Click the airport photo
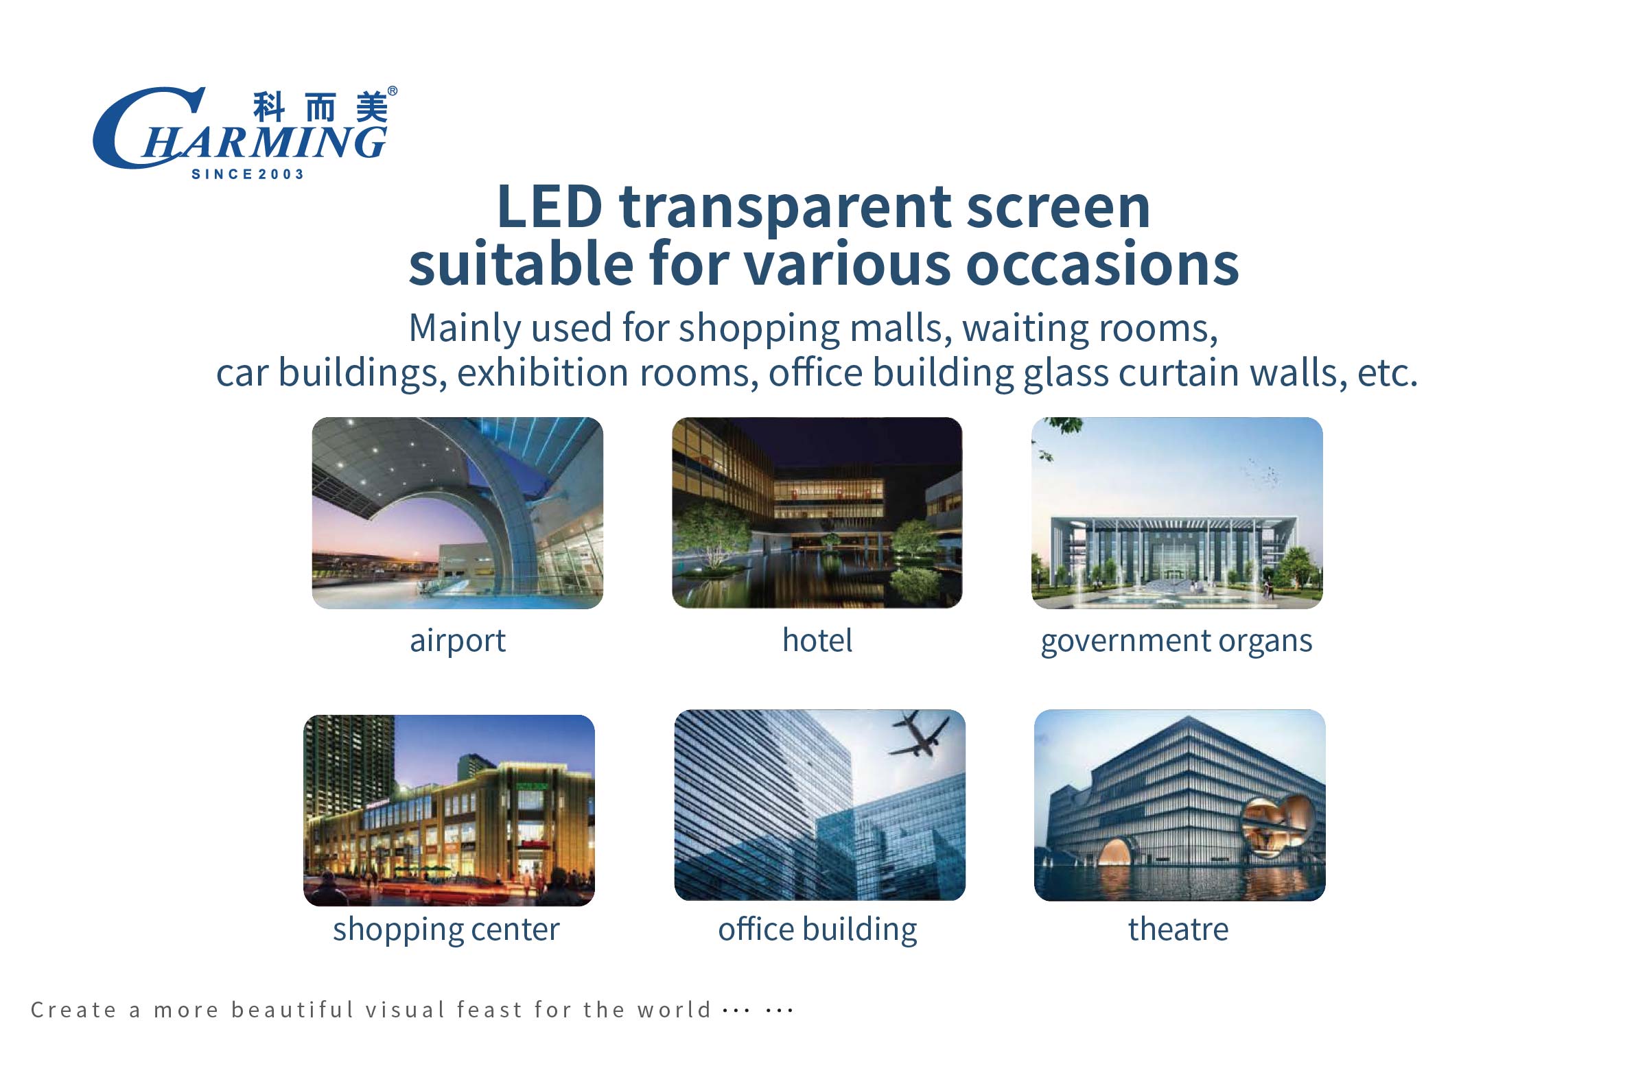tap(457, 512)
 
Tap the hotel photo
tap(817, 512)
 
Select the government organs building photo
tap(1177, 512)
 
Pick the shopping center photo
tap(449, 810)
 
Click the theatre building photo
tap(1180, 805)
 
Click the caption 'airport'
tap(458, 641)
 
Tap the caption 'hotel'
tap(817, 639)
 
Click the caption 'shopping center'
tap(446, 930)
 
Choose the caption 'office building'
tap(817, 930)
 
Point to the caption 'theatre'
tap(1178, 929)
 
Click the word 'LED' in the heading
tap(550, 206)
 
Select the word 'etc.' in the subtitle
tap(1388, 373)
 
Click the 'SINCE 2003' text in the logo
tap(247, 174)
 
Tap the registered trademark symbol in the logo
tap(392, 91)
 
